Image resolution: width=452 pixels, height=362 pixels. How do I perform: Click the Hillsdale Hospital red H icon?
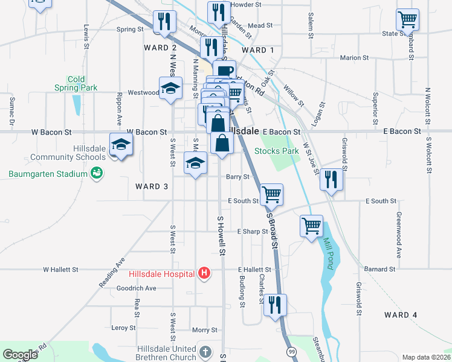point(204,274)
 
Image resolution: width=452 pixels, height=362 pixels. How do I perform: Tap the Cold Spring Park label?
point(76,83)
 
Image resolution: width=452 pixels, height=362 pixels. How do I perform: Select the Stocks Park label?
point(277,151)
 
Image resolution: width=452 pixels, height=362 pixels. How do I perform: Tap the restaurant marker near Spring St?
point(164,22)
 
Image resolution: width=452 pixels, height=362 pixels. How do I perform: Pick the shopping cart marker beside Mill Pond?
point(312,226)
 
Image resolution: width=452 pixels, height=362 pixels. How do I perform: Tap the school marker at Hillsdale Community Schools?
point(121,145)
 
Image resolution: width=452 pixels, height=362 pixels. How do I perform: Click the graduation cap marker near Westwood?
point(170,88)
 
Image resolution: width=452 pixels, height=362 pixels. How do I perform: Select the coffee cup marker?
point(224,71)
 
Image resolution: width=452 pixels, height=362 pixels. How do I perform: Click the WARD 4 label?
point(401,315)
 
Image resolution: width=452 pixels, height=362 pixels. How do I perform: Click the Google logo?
point(20,355)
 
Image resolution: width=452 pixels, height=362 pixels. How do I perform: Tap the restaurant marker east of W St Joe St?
point(331,179)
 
